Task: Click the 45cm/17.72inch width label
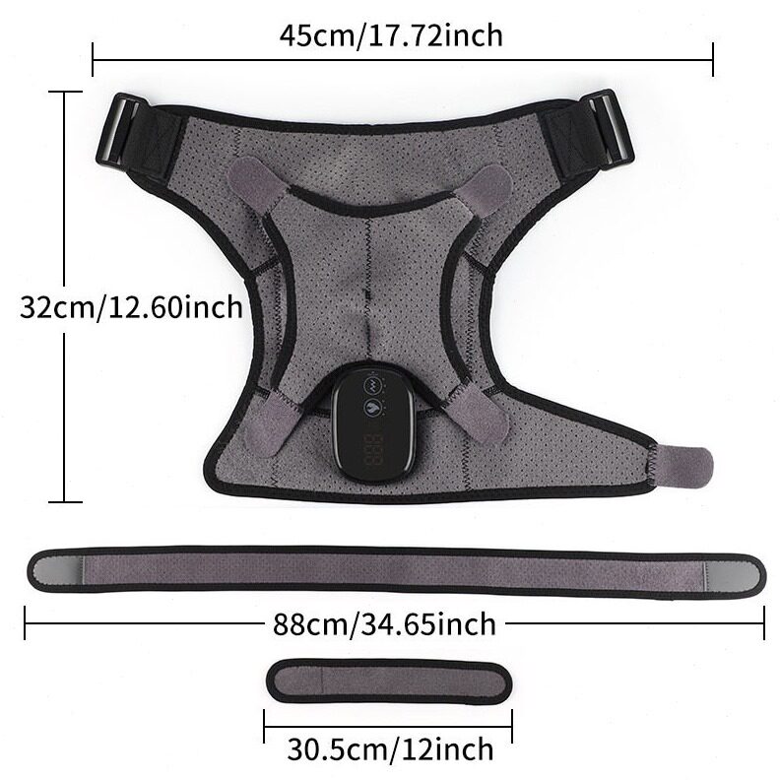tap(391, 35)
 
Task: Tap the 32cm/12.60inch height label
tap(131, 307)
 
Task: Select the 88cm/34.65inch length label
tap(384, 623)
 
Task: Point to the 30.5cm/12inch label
tap(391, 748)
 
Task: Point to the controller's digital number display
tap(374, 450)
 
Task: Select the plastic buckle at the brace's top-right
tap(611, 129)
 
